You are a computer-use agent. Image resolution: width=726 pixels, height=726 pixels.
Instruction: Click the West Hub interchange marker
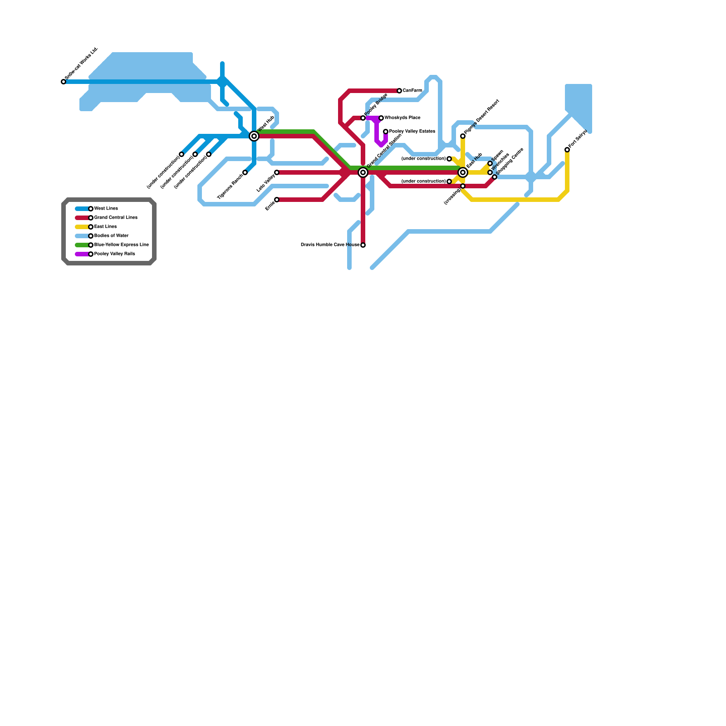click(254, 136)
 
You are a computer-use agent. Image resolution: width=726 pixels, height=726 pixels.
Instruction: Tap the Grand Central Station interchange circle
click(363, 172)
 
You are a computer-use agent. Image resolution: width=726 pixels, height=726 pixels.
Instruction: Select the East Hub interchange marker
click(463, 172)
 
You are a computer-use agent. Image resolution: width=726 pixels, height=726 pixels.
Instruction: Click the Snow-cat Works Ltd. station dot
click(64, 82)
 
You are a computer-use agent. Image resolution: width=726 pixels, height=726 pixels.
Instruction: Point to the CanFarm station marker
click(399, 91)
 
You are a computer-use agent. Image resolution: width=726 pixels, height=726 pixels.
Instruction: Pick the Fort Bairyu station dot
click(567, 150)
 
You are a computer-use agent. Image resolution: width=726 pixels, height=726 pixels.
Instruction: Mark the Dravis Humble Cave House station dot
click(363, 245)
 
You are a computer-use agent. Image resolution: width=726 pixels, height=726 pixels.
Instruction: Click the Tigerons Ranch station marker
click(245, 172)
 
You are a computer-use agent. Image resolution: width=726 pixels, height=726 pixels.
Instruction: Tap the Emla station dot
click(277, 200)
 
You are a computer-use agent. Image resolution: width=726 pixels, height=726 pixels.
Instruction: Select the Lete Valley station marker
click(277, 172)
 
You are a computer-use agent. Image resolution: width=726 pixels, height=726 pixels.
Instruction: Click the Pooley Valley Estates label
click(412, 132)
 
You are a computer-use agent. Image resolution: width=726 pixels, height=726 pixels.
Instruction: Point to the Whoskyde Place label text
click(402, 118)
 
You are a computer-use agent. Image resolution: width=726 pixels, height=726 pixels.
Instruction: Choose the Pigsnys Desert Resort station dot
click(463, 136)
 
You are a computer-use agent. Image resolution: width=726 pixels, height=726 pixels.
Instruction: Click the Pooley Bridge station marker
click(363, 118)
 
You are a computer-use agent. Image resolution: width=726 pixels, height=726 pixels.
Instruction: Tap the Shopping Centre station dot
click(495, 177)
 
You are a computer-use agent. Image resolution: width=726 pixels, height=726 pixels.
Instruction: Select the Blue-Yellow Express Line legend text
click(121, 245)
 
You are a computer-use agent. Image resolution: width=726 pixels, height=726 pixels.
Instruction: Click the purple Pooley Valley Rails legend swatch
click(82, 254)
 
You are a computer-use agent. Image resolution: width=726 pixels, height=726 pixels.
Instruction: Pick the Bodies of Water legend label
click(111, 236)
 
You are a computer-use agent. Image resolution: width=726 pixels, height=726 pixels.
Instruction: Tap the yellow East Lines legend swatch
click(82, 227)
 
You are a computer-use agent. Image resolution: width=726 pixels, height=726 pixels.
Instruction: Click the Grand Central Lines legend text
click(116, 218)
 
